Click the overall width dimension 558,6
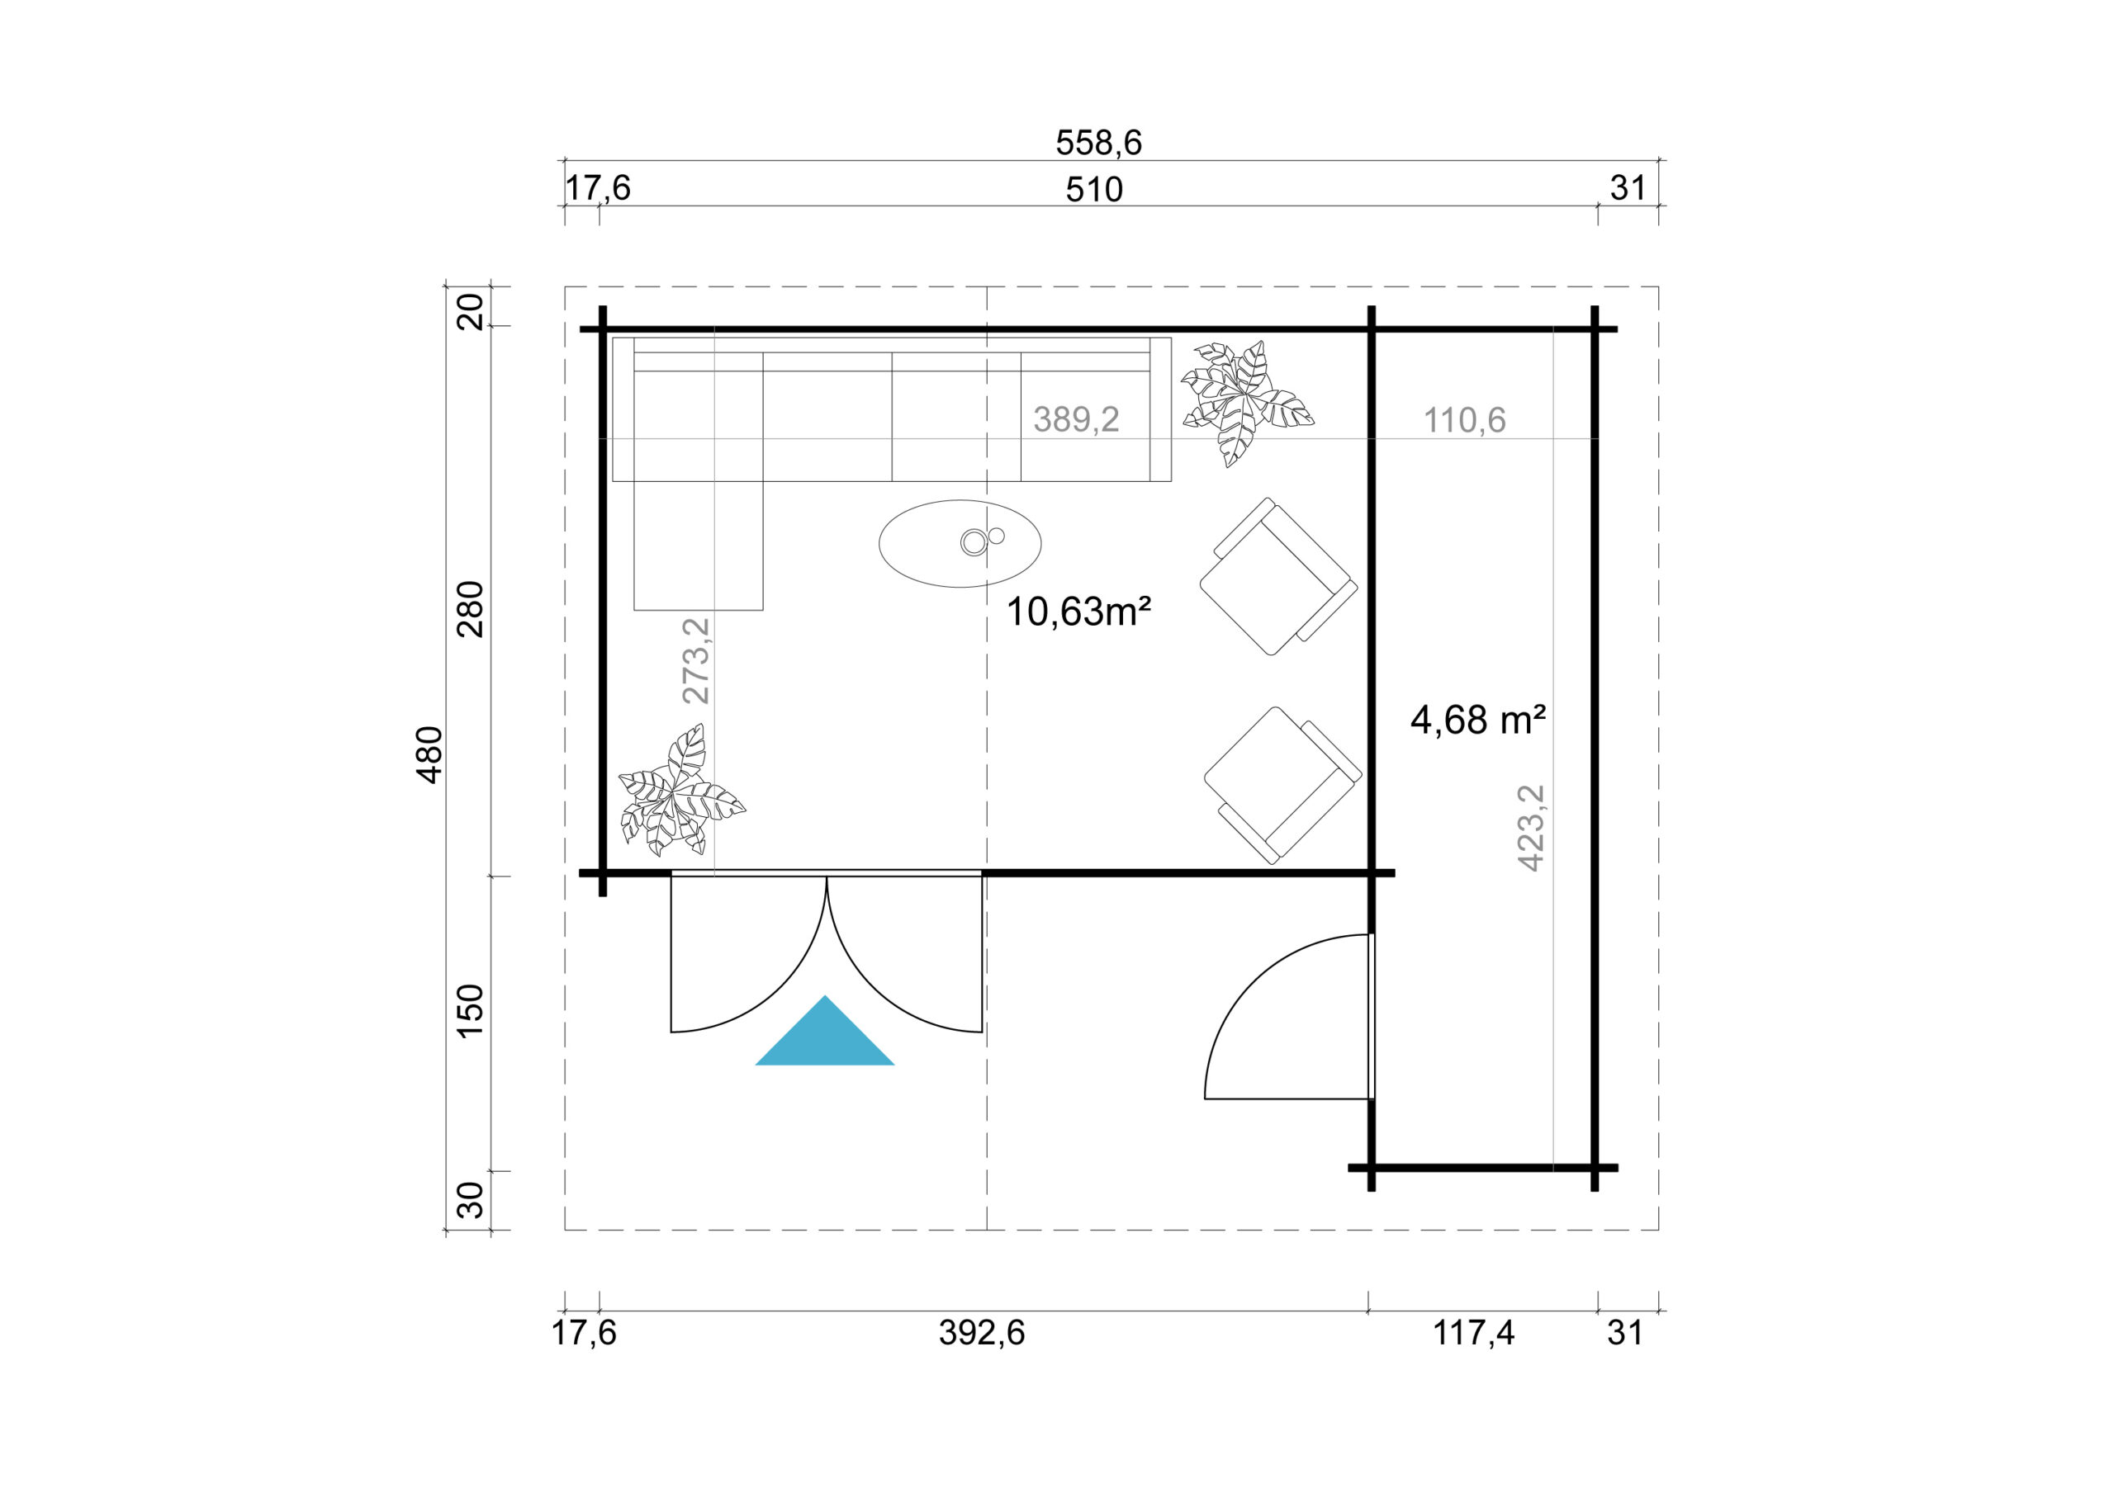pos(1097,143)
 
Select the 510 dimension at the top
pos(1094,190)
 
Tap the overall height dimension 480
pos(430,755)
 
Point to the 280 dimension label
pos(471,609)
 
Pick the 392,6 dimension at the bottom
pos(982,1333)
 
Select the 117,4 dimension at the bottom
pos(1473,1333)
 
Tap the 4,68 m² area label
pos(1476,720)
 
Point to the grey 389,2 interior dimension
pos(1075,420)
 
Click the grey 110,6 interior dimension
pos(1464,421)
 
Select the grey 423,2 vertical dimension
pos(1529,828)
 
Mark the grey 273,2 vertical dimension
pos(696,660)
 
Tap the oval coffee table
pos(960,543)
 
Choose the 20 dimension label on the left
pos(471,311)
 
